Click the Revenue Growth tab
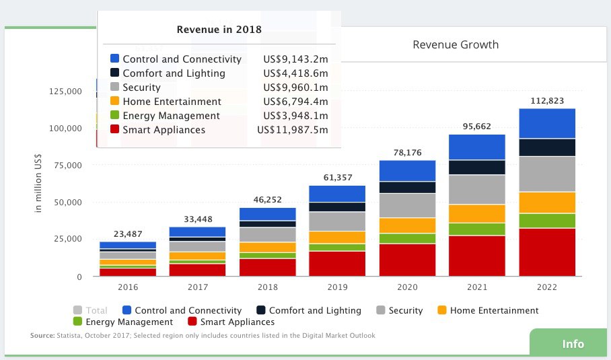coord(456,45)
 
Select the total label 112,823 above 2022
coord(547,102)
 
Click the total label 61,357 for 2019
coord(336,178)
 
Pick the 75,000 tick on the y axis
coord(66,166)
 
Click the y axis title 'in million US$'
coord(38,183)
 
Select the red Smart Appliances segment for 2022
coord(547,252)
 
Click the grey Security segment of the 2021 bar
coord(477,190)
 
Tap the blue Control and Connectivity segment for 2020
coord(407,171)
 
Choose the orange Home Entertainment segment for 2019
coord(336,238)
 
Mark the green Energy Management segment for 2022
coord(547,221)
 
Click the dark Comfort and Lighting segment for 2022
coord(547,147)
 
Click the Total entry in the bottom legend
coord(96,310)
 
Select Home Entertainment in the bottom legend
coord(494,310)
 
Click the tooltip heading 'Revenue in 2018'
coord(219,30)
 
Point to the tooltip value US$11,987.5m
coord(293,130)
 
